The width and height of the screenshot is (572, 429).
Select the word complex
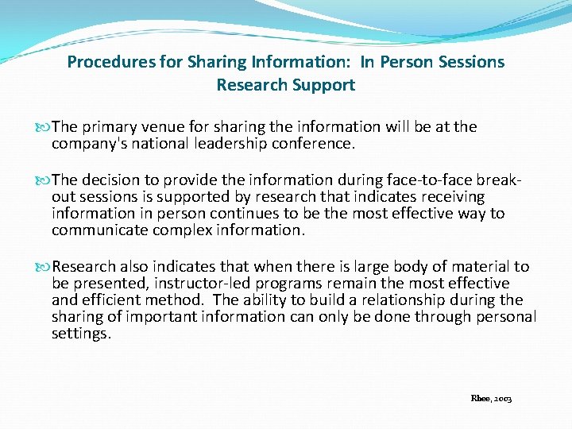pos(170,230)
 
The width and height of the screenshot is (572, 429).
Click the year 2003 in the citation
pos(502,398)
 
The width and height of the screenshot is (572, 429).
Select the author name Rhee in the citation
pos(479,398)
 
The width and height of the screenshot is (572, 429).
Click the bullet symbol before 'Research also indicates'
pos(45,267)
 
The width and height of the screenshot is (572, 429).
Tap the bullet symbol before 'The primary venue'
pos(45,127)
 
